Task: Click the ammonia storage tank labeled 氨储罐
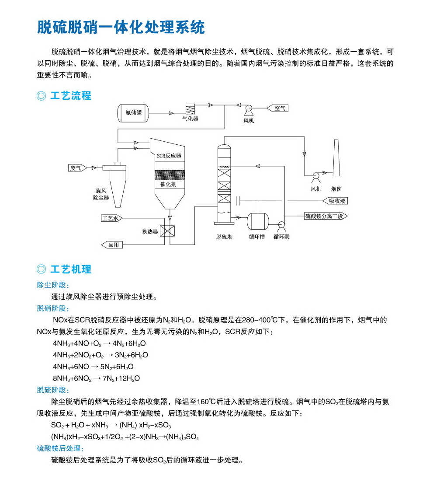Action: [134, 113]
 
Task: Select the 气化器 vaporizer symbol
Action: [190, 109]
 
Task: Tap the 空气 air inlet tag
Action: [278, 108]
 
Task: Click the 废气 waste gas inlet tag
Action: [77, 168]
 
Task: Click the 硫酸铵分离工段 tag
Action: [326, 216]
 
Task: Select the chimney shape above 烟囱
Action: [336, 157]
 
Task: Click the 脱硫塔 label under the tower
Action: [224, 237]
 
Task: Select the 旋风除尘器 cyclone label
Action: [101, 194]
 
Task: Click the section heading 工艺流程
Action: [71, 96]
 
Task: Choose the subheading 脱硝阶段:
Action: [53, 308]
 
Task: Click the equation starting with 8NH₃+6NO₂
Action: [96, 378]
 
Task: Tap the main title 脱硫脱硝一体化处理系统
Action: [121, 27]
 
